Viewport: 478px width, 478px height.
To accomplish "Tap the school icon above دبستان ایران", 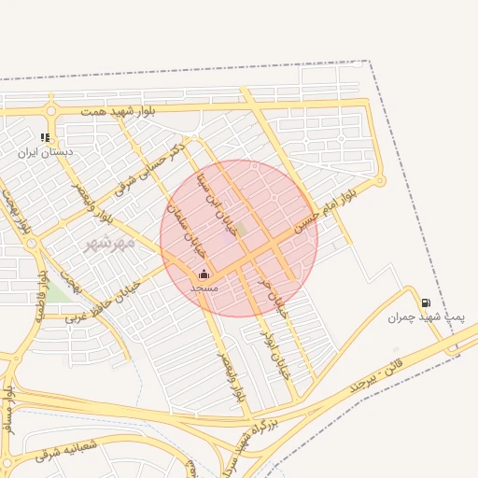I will click(45, 138).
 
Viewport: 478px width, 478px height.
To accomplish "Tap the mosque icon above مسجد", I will click(204, 274).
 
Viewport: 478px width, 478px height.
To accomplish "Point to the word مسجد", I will click(204, 288).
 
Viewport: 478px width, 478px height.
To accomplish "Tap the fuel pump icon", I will click(426, 303).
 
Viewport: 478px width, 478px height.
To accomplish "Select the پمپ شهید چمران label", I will click(426, 317).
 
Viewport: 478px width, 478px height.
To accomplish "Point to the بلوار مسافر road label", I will click(9, 411).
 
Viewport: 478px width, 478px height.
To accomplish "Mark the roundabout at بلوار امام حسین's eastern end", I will click(379, 180).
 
